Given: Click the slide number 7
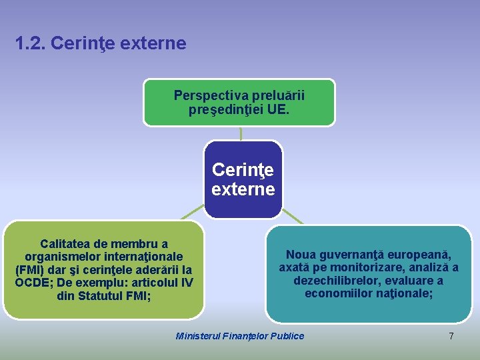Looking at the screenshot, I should tap(451, 336).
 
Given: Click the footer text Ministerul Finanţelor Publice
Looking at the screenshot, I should tap(239, 336).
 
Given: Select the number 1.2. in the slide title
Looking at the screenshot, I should tap(30, 44).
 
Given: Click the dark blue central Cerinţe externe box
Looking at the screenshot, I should tap(243, 179).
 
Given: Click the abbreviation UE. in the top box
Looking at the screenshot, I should tap(278, 109).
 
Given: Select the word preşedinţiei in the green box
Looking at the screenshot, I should tap(226, 109).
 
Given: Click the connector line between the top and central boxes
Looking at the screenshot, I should tap(241, 133).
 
